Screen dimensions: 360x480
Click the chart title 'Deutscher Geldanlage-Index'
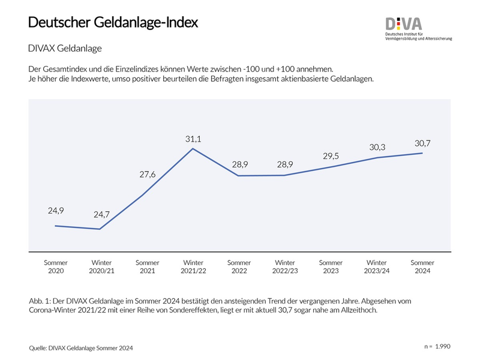113,22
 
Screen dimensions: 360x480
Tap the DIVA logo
403,24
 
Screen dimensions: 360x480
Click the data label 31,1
193,139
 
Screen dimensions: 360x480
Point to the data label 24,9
56,211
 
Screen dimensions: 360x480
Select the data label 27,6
147,174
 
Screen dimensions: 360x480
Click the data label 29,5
331,156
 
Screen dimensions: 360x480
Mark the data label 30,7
422,143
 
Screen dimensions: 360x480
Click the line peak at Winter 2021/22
193,148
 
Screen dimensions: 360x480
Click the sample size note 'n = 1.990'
437,347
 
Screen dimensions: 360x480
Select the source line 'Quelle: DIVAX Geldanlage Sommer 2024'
80,348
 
